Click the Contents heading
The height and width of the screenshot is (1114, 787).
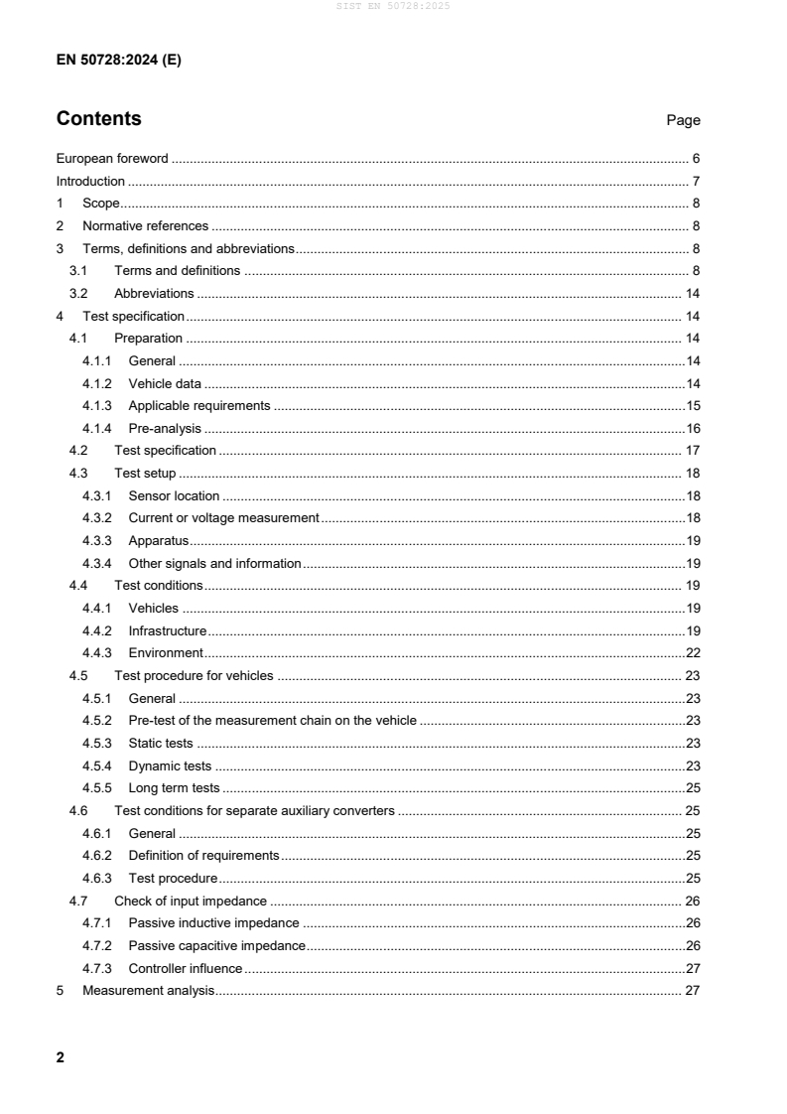[98, 119]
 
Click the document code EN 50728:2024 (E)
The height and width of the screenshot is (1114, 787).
[118, 60]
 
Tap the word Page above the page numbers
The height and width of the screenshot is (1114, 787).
[683, 120]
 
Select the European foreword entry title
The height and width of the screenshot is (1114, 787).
[112, 158]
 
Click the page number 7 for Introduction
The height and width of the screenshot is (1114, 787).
[697, 181]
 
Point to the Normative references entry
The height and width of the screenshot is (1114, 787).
[145, 225]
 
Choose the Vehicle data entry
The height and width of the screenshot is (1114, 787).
[165, 383]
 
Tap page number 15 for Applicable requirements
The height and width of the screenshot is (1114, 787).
[693, 405]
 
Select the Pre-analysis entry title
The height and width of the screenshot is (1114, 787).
[165, 428]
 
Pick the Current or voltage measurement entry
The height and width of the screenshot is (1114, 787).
[223, 517]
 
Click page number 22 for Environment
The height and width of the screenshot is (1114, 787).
[693, 652]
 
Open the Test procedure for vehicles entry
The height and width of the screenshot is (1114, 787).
[194, 675]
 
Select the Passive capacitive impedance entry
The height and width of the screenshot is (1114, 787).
[216, 945]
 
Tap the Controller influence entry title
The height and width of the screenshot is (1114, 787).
[185, 968]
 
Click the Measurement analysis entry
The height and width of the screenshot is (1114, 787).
[148, 990]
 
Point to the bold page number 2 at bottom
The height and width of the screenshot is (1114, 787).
[61, 1057]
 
